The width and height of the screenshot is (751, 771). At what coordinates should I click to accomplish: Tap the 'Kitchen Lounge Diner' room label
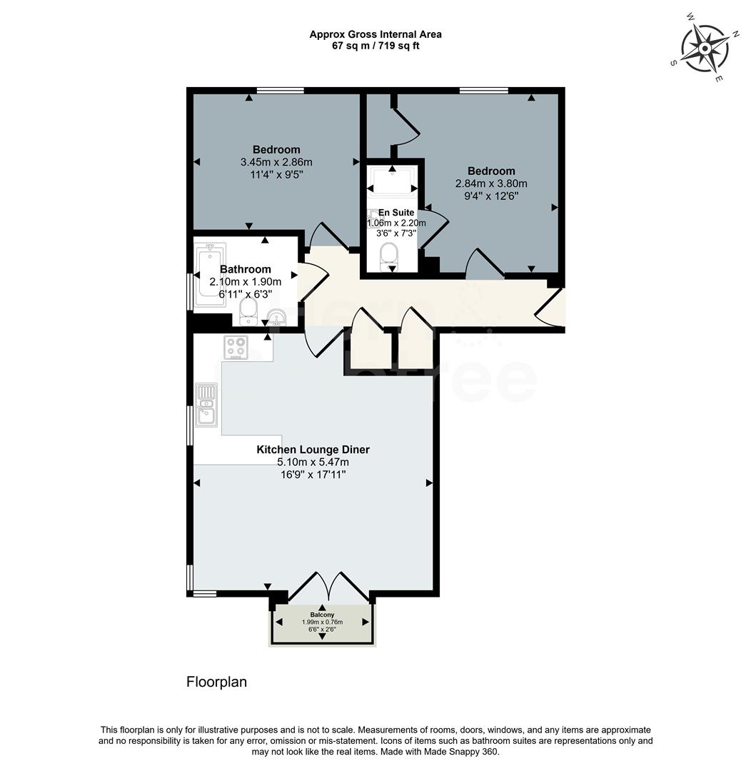tap(313, 450)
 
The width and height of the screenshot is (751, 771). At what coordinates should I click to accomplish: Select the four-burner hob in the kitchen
tap(236, 346)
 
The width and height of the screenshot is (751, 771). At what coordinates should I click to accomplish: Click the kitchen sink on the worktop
tap(206, 403)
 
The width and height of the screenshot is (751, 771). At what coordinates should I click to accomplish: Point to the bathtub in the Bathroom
tap(211, 276)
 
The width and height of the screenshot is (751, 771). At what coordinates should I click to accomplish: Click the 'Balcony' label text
tap(322, 615)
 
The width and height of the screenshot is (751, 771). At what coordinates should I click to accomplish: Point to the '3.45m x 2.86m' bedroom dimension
tap(276, 162)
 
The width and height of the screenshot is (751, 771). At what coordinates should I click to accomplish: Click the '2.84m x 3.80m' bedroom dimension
tap(491, 183)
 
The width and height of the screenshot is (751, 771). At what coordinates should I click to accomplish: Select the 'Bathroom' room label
tap(245, 269)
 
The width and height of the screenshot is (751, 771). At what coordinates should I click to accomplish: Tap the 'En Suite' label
tap(396, 213)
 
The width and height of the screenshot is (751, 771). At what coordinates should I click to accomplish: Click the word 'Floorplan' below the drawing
tap(216, 682)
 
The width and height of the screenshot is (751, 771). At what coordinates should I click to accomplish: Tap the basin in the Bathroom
tap(276, 317)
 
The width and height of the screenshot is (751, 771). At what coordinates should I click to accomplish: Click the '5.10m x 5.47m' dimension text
tap(313, 463)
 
